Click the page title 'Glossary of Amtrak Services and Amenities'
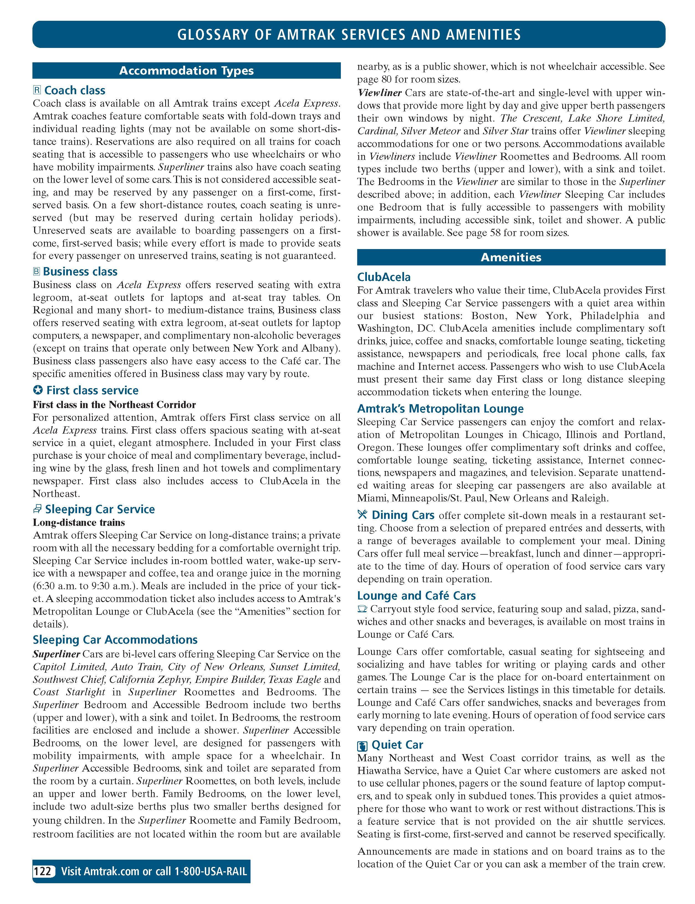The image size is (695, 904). (x=349, y=34)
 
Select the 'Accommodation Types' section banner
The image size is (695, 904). (x=186, y=71)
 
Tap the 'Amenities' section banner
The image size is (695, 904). (x=511, y=257)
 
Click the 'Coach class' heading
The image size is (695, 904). (x=75, y=91)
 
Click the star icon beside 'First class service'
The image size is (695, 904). (x=38, y=390)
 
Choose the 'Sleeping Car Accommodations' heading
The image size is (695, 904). (x=115, y=640)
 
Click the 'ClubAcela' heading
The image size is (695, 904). (x=384, y=277)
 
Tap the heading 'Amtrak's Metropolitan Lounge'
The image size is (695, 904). (x=440, y=409)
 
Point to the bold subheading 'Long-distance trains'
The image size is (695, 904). (x=79, y=522)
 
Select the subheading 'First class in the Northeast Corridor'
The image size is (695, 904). (x=114, y=404)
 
